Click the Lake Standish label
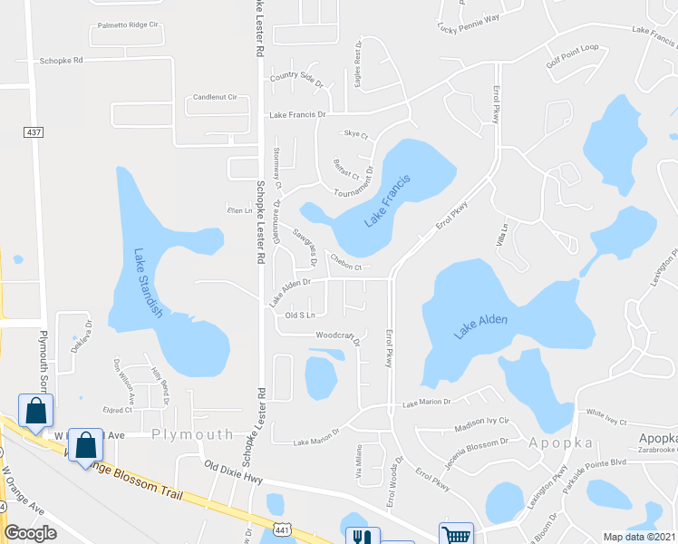coord(148,283)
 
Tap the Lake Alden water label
coord(480,325)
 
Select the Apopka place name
coord(563,443)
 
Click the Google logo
coord(30,533)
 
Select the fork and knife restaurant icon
coord(360,537)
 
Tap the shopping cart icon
coord(455,535)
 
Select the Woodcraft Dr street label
coord(337,336)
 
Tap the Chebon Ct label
coord(346,267)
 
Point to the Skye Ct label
coord(356,134)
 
